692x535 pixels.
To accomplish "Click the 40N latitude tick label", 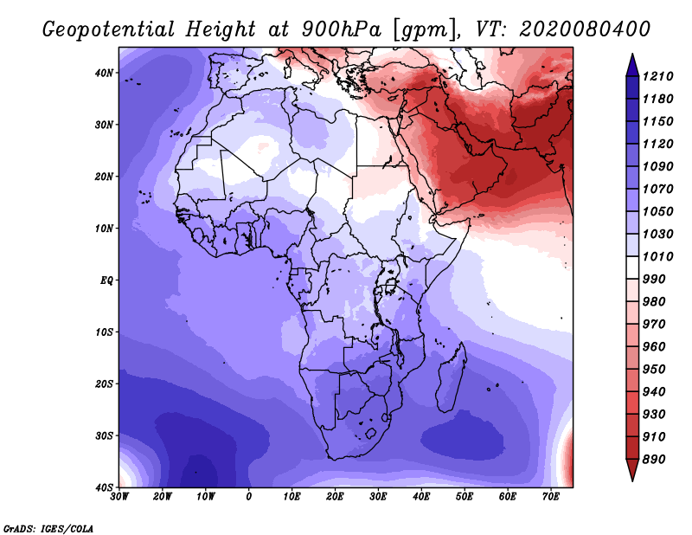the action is [x=104, y=73].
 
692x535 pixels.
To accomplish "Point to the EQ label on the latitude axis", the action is [x=106, y=280].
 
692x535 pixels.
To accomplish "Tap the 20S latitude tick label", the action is [x=104, y=384].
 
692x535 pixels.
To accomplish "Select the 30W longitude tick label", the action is [x=119, y=497].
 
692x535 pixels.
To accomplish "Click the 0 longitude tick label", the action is [x=249, y=497].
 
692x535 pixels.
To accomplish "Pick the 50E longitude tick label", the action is [x=465, y=497].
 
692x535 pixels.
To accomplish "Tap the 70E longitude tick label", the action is [x=551, y=497].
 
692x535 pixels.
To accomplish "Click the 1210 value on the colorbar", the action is [x=657, y=76].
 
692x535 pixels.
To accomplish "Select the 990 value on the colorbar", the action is [x=654, y=279].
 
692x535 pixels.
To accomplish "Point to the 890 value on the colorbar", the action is [x=654, y=459].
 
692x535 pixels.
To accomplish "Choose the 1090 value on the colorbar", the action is [x=657, y=166].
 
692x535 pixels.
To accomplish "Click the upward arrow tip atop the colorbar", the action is [x=632, y=55].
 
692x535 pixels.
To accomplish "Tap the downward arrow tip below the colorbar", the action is [x=632, y=480].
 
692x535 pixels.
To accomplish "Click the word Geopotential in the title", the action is [x=108, y=29].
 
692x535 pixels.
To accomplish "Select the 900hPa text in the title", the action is [x=341, y=29].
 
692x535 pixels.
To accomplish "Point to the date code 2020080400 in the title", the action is [x=585, y=29].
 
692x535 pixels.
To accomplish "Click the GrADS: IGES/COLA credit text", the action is [x=48, y=528].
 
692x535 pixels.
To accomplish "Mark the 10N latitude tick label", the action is [x=104, y=229].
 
